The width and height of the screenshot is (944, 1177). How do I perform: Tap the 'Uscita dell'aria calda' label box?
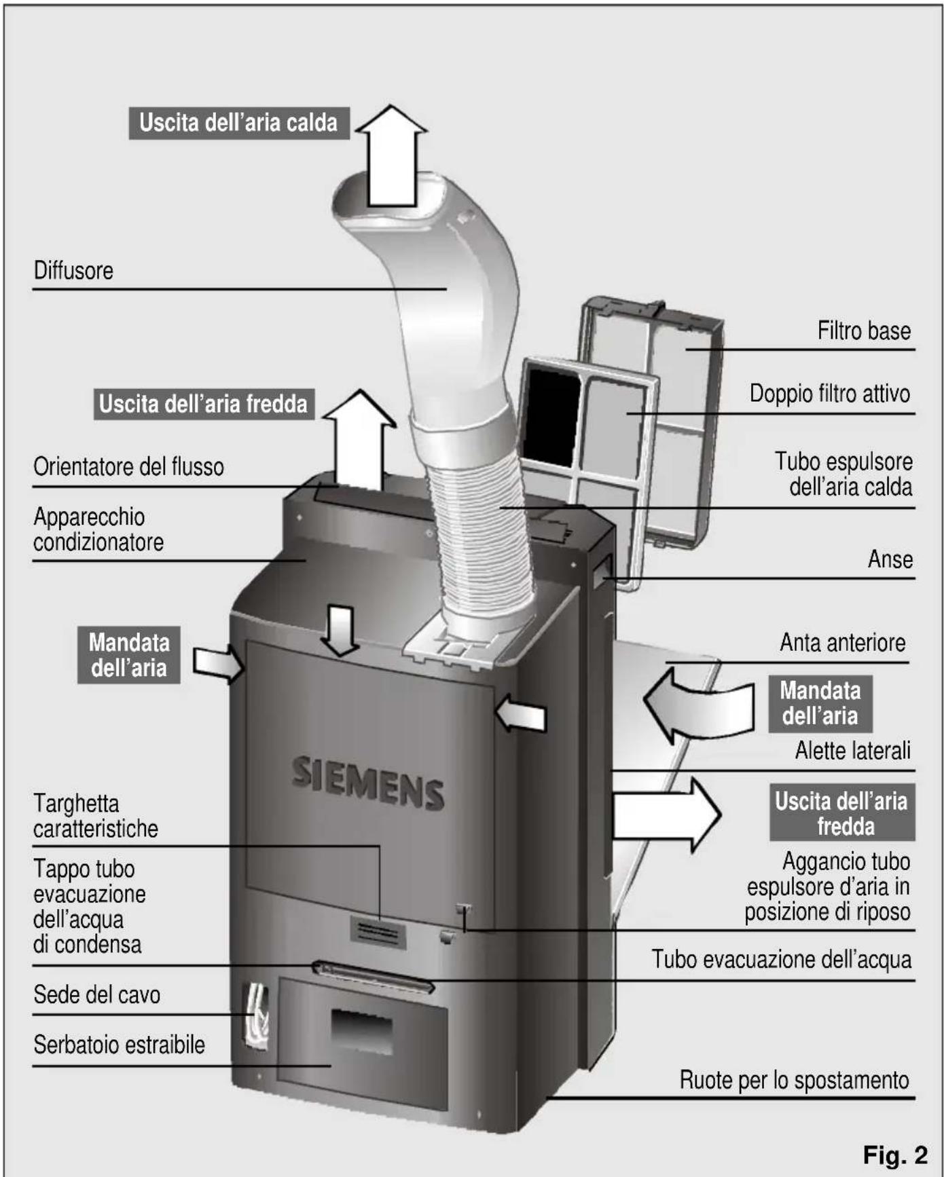click(238, 123)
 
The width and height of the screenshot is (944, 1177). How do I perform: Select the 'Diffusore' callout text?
click(73, 270)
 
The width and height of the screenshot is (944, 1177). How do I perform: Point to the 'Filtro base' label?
click(863, 331)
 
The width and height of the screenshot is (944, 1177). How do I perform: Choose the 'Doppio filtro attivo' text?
click(829, 394)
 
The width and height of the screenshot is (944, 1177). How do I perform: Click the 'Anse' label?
click(890, 559)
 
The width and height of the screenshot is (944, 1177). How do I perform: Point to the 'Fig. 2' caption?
click(894, 1154)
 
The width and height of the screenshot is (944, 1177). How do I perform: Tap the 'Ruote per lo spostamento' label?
click(794, 1079)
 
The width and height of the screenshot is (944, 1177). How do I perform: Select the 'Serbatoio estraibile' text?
click(119, 1044)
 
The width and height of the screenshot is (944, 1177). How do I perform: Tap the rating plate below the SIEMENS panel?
click(378, 932)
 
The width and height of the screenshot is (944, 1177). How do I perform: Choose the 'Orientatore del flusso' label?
click(128, 467)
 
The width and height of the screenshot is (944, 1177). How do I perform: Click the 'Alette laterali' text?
click(852, 751)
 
